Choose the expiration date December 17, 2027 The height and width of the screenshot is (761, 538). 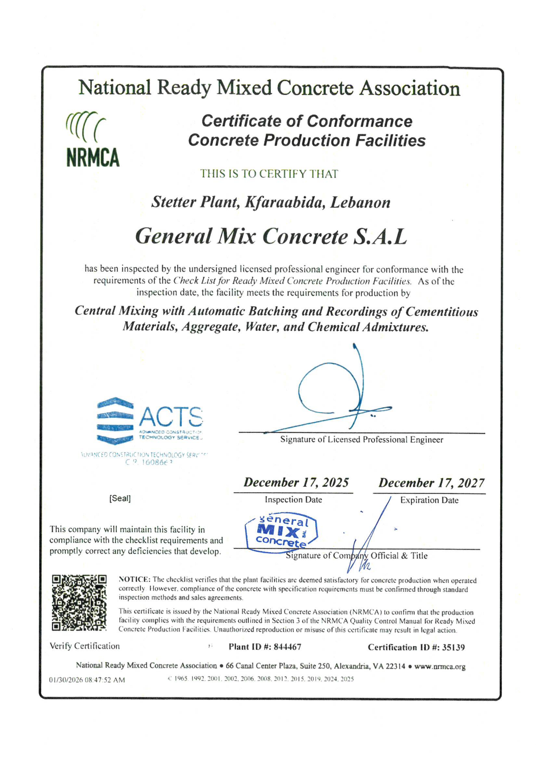(x=431, y=483)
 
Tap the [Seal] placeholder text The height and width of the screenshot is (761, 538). (x=120, y=499)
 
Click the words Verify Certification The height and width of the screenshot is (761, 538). (x=85, y=646)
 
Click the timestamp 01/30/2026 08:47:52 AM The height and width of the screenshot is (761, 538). (x=87, y=680)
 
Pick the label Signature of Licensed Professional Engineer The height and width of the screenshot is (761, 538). (x=361, y=440)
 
